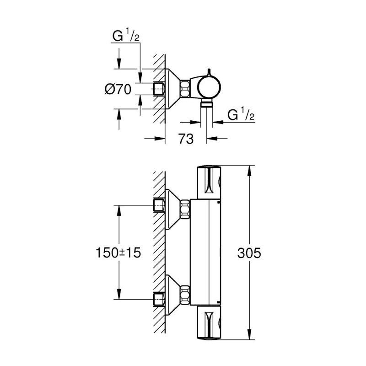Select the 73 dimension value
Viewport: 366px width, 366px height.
186,140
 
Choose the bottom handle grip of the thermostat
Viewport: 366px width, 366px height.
210,324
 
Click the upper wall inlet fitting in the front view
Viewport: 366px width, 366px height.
159,205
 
